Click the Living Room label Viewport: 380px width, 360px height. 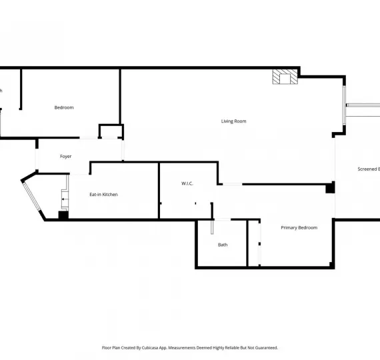(x=234, y=121)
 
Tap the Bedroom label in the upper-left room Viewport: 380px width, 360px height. (x=64, y=107)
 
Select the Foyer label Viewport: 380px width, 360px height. (x=65, y=157)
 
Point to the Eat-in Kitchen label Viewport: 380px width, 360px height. (x=103, y=195)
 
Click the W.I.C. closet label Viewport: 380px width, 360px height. (x=187, y=183)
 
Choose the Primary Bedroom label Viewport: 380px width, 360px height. (x=299, y=228)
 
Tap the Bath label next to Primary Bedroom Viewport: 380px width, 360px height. (x=223, y=245)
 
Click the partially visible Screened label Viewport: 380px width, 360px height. (x=368, y=169)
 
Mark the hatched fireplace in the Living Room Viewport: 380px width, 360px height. (x=285, y=77)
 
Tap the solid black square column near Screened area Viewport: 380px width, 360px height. (x=329, y=189)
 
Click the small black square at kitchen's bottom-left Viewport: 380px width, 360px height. (x=63, y=215)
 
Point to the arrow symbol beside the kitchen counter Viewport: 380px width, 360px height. (x=64, y=199)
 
